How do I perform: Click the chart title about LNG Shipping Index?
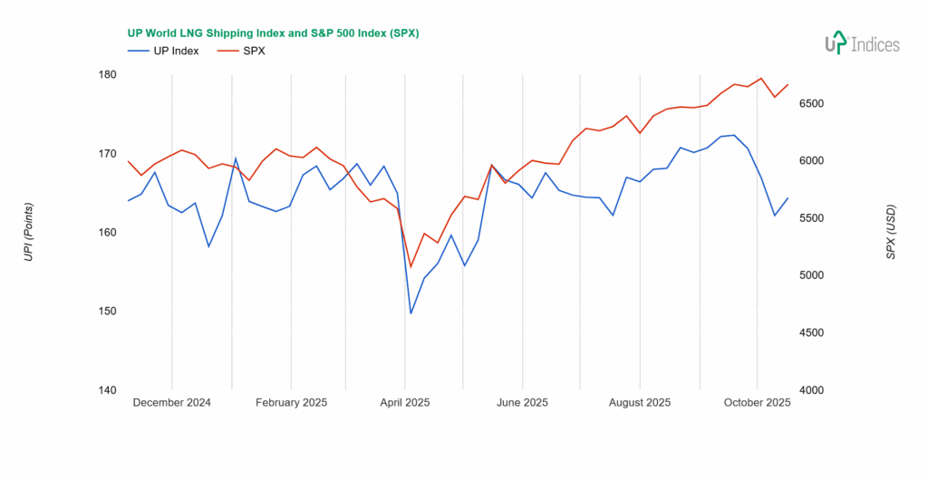click(x=272, y=33)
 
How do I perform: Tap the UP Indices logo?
click(x=861, y=43)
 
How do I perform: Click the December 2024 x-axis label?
click(x=171, y=403)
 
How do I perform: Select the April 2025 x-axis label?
click(x=404, y=403)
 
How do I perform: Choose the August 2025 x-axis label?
click(x=640, y=403)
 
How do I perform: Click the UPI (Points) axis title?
click(x=28, y=233)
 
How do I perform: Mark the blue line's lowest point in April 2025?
click(x=411, y=313)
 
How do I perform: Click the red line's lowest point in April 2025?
click(x=411, y=267)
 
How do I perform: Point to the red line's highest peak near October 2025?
click(x=761, y=78)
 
